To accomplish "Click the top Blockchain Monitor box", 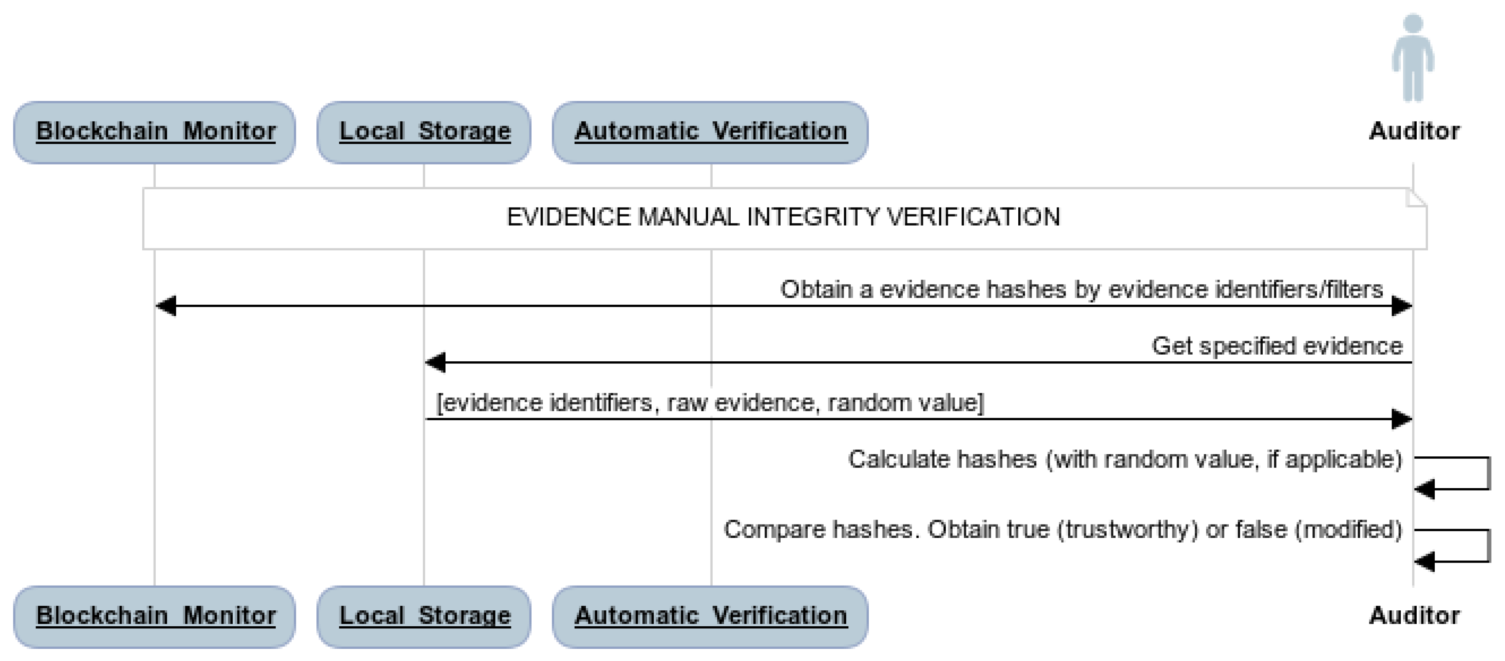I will pos(154,133).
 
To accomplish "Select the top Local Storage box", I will pos(424,133).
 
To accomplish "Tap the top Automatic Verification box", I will pos(710,133).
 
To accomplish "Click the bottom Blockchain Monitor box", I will pos(154,617).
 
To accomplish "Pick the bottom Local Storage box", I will pos(424,617).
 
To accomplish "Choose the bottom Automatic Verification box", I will pos(710,617).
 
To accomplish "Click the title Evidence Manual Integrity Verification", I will pos(783,217).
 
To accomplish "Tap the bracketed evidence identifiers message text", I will pos(710,403).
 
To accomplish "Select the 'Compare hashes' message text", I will pos(1062,530).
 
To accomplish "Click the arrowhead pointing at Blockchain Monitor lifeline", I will pos(167,306).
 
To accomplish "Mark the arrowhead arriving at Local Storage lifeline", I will pos(436,363).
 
